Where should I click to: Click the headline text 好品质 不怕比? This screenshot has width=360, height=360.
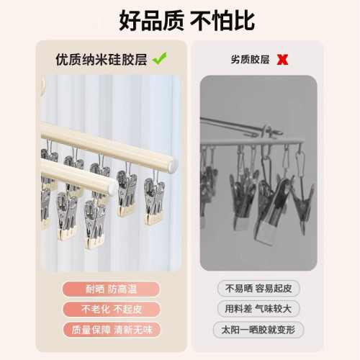tap(180, 19)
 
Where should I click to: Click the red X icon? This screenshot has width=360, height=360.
tap(282, 60)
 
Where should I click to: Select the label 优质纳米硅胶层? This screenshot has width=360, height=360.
tap(101, 59)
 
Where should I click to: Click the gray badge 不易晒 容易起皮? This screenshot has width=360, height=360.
tap(258, 289)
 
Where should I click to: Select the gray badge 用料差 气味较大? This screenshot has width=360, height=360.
tap(258, 310)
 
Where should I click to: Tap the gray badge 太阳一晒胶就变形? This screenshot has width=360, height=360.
tap(258, 330)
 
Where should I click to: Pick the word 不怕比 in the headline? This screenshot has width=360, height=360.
tap(222, 19)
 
